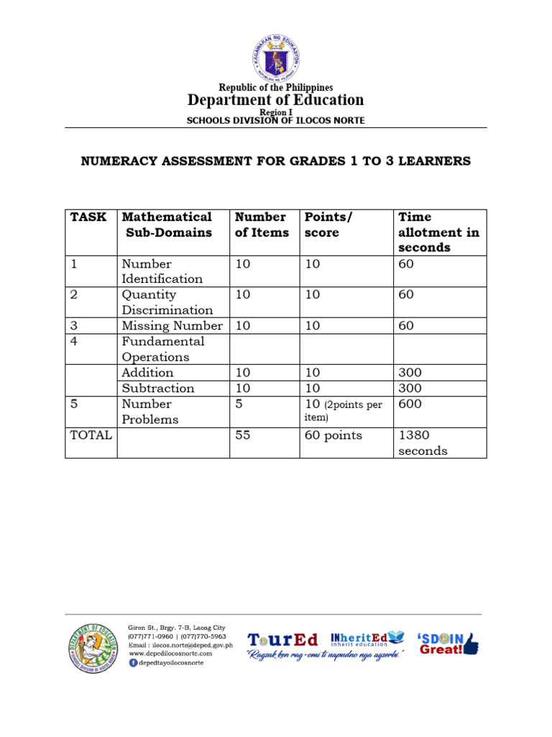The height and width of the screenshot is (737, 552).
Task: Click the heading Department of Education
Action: pos(276,100)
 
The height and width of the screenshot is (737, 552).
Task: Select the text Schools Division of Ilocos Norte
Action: pos(276,121)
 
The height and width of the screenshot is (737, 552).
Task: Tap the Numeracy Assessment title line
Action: pos(275,161)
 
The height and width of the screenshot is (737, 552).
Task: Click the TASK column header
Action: pos(88,217)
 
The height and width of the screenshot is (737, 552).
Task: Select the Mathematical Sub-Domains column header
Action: pos(167,225)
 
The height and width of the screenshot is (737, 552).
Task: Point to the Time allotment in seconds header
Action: pos(438,232)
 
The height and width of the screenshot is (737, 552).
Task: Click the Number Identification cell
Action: pos(162,271)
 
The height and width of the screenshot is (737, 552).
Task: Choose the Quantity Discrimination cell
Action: pos(167,302)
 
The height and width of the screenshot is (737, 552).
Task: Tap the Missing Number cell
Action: pos(172,326)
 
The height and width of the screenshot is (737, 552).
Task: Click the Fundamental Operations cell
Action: pos(163,349)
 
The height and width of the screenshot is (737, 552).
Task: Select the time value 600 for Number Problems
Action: pos(410,404)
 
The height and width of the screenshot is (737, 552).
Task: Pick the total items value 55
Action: pos(243,435)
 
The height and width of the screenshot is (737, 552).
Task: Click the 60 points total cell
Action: pos(333,435)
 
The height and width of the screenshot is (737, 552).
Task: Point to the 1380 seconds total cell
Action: pos(423,443)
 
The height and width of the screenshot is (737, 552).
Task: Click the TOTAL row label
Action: pos(91,435)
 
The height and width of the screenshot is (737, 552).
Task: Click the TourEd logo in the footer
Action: pos(282,640)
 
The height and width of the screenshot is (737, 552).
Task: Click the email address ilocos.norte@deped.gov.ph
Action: pos(180,646)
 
